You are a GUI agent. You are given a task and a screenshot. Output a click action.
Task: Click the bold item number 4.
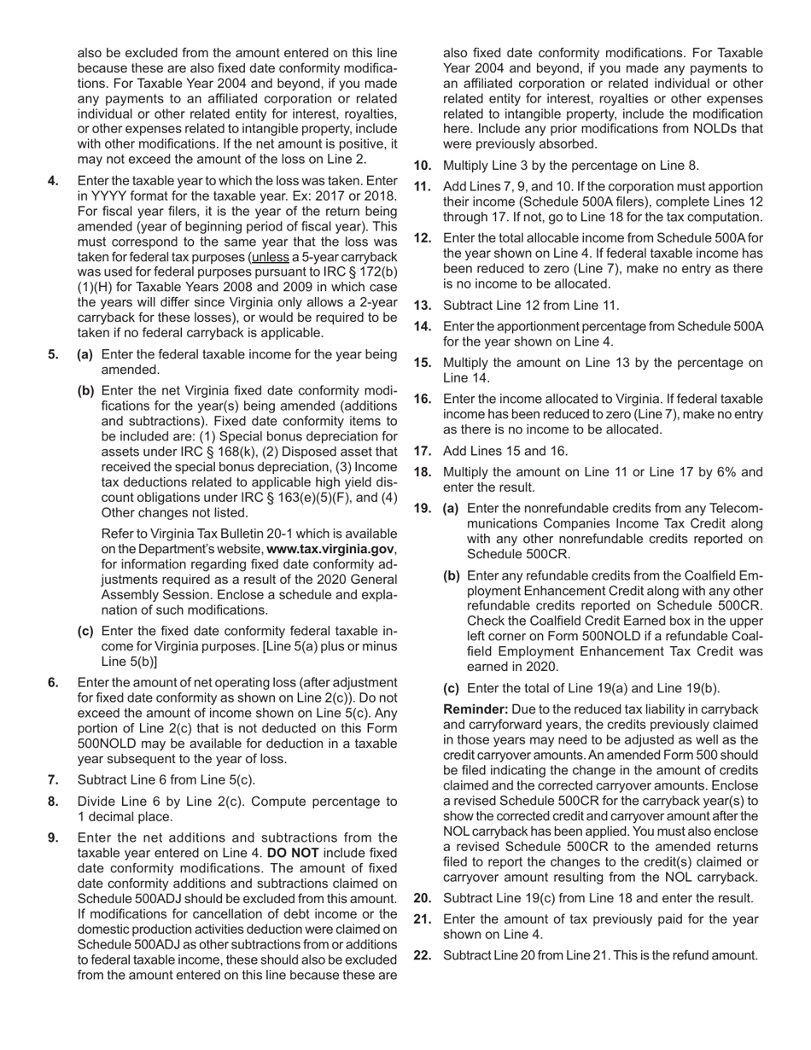point(54,180)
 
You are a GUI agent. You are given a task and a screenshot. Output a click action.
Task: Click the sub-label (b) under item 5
point(85,390)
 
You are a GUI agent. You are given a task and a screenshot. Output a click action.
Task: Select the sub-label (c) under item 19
point(451,688)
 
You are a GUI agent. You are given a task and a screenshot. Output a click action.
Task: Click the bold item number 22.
point(423,955)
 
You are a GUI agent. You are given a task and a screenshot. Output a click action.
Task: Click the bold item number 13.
point(423,305)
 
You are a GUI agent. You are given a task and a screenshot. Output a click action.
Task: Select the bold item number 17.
point(423,451)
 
